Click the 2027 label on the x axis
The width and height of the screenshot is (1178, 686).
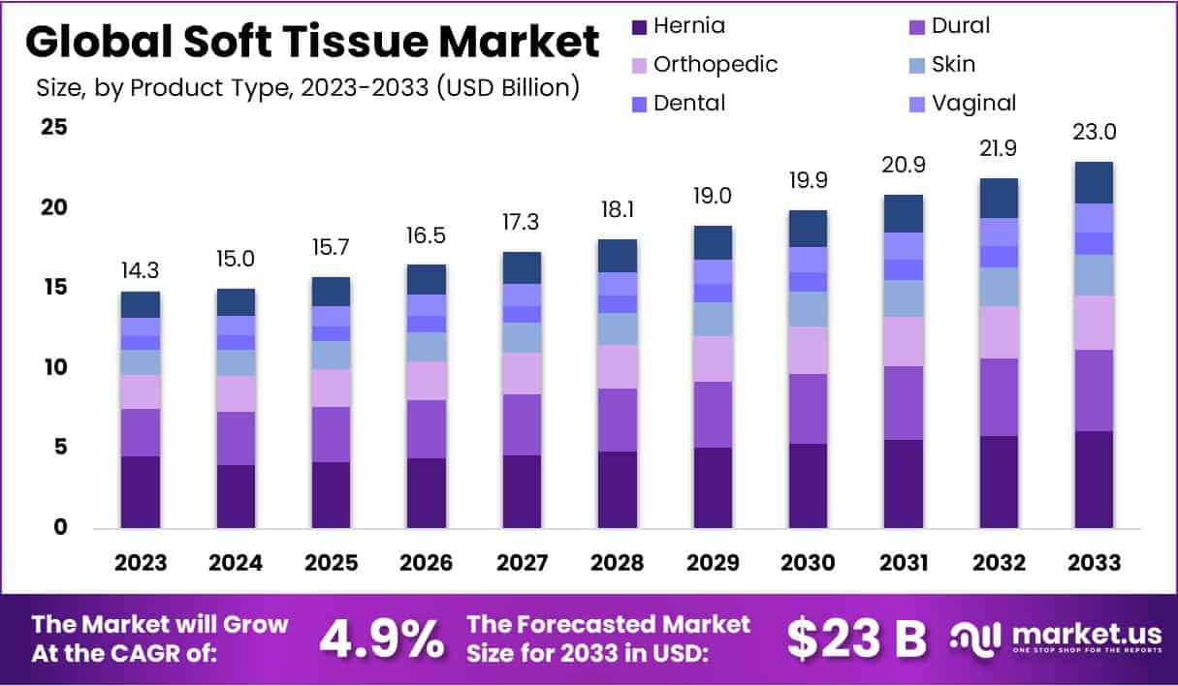click(x=522, y=563)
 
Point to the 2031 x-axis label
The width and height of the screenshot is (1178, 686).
click(x=904, y=563)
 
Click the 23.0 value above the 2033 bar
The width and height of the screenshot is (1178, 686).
click(x=1094, y=132)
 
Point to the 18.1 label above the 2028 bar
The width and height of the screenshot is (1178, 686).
click(x=617, y=209)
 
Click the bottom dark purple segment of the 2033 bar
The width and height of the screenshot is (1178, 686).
click(x=1094, y=480)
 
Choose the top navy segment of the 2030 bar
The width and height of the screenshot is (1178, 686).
click(x=808, y=229)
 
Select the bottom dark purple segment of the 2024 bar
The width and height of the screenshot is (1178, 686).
click(x=236, y=496)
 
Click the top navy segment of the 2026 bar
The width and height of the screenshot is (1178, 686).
click(x=426, y=279)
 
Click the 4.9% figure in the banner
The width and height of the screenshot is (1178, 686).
click(x=381, y=638)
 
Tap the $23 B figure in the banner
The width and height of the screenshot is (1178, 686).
click(x=856, y=638)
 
